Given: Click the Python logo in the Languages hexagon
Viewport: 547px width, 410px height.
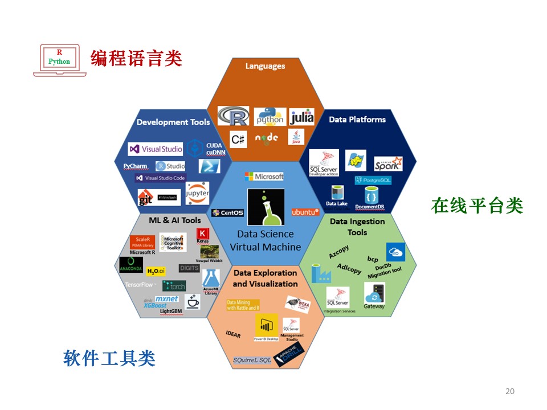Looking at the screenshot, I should click(x=270, y=117).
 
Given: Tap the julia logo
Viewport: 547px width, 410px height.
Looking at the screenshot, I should click(x=301, y=117).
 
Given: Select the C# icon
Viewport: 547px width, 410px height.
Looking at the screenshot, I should click(x=238, y=138).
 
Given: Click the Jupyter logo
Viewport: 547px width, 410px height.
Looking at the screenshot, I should click(x=197, y=192).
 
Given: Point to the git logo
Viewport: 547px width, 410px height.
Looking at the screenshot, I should click(x=145, y=198).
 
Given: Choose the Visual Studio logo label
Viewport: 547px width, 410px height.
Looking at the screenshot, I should click(x=156, y=149).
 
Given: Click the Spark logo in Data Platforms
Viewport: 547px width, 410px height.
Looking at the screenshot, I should click(x=388, y=164).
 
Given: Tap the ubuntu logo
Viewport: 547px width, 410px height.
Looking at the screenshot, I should click(x=305, y=212).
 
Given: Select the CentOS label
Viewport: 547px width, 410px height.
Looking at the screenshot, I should click(x=227, y=213).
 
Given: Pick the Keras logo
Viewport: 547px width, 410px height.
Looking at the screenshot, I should click(x=202, y=236).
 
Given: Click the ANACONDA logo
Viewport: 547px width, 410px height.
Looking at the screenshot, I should click(x=131, y=265).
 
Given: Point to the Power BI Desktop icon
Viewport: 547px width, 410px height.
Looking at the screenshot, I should click(x=266, y=327).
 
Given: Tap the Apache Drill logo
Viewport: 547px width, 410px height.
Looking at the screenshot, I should click(x=289, y=354).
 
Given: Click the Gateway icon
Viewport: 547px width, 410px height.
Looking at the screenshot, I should click(x=374, y=295).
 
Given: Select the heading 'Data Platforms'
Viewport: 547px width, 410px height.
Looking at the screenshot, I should click(x=357, y=120).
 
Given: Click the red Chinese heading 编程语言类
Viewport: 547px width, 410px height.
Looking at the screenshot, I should click(x=136, y=58).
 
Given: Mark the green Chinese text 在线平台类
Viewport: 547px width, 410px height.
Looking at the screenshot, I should click(x=477, y=206).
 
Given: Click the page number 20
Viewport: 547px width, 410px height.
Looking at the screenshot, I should click(x=509, y=391).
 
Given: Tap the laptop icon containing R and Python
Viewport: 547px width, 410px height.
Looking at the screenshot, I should click(x=59, y=59).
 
